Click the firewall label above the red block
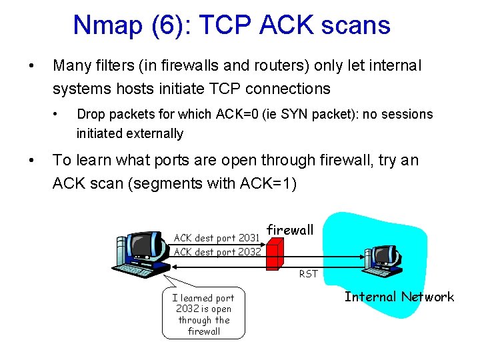point(290,230)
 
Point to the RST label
point(309,273)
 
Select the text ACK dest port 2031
point(216,237)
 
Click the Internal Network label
point(399,297)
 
